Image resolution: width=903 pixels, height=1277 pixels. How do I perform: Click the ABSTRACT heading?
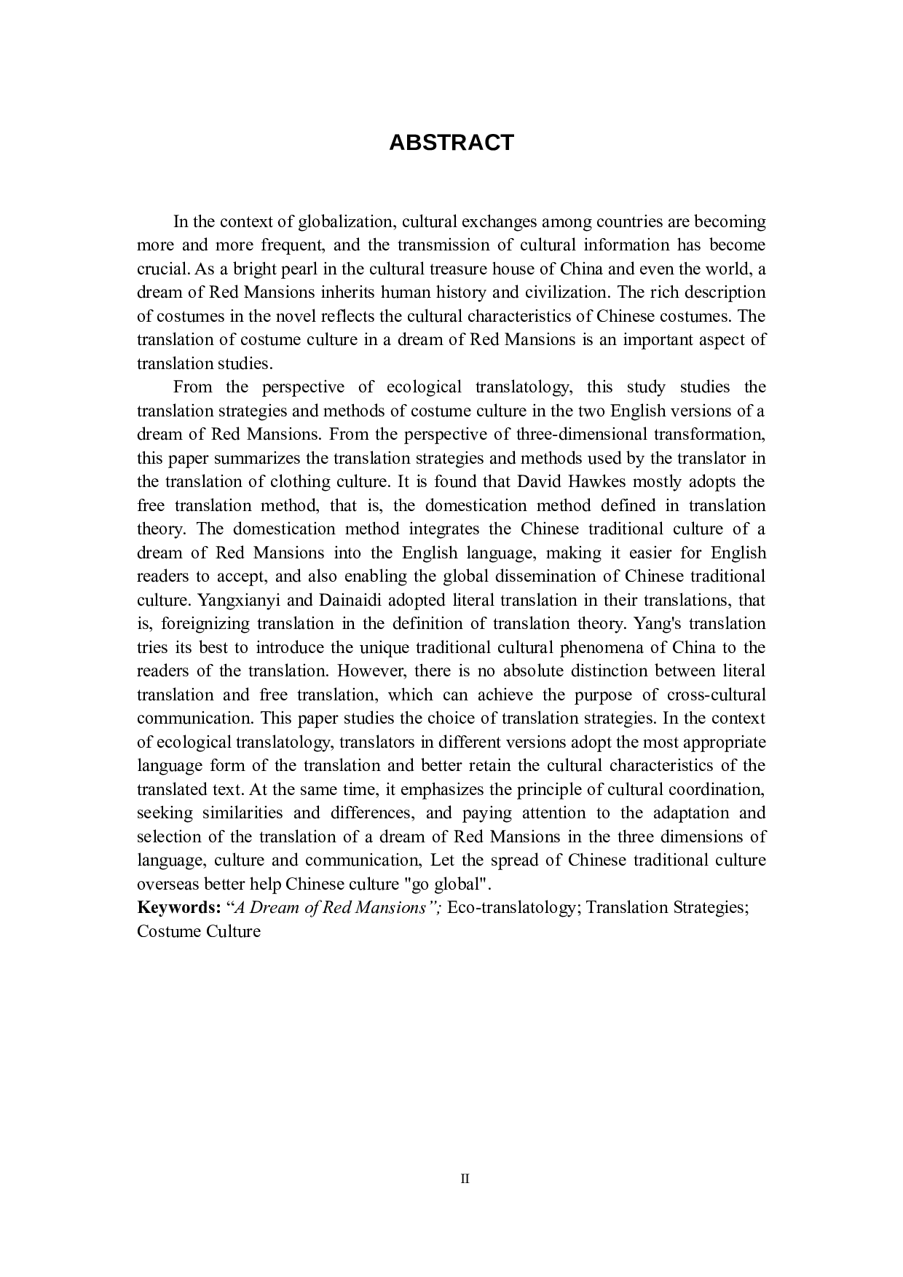(x=451, y=143)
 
